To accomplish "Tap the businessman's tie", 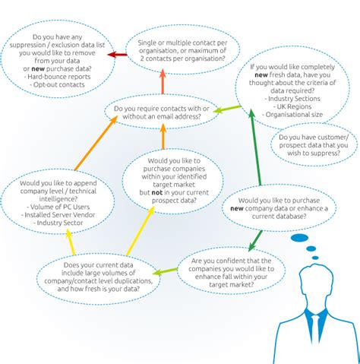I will pos(313,328).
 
